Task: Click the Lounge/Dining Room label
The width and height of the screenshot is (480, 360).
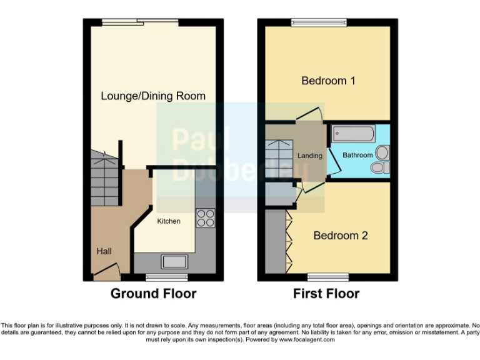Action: click(x=153, y=96)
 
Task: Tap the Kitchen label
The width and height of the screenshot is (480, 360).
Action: click(x=168, y=221)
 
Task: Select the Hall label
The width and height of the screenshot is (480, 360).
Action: click(x=104, y=251)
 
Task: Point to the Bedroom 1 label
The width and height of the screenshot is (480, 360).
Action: click(x=328, y=81)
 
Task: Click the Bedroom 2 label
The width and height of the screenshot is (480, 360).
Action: click(x=340, y=236)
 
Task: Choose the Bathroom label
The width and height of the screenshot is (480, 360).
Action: click(x=357, y=155)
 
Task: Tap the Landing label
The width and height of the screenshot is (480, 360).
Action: click(x=310, y=156)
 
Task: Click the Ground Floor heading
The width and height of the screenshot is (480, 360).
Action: click(x=153, y=293)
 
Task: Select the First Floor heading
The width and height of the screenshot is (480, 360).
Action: click(x=326, y=293)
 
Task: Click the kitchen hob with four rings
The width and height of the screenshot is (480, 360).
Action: click(x=206, y=218)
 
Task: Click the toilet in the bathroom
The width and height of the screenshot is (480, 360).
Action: click(x=379, y=167)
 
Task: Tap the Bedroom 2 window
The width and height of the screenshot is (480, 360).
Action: click(x=327, y=276)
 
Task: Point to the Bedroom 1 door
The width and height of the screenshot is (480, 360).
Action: click(x=309, y=114)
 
